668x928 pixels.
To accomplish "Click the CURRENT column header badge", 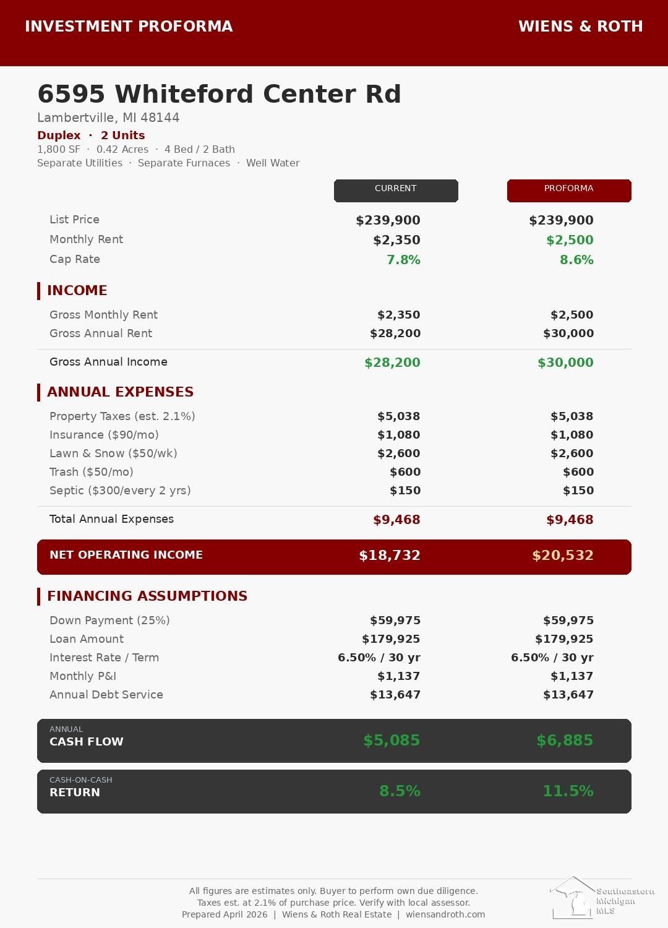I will coord(396,190).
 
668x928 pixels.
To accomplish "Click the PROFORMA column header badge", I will coord(569,190).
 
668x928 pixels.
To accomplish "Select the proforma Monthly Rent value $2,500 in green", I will coord(570,240).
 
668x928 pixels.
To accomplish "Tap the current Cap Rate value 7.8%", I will coord(403,260).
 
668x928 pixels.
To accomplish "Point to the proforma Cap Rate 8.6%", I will coord(576,260).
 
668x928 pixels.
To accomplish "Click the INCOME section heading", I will coord(77,290).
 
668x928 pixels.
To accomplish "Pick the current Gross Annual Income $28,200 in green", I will coord(392,363).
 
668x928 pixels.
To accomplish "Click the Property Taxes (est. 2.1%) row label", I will coord(122,416).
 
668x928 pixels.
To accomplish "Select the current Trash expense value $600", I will coord(405,472).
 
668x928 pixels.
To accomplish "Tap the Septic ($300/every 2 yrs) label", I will coord(120,491).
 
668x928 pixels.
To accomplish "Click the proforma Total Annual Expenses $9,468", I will coord(570,520).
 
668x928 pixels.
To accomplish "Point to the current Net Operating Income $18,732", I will coord(390,556).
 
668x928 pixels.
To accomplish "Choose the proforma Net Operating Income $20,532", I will coord(563,556).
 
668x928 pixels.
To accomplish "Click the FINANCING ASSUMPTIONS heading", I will coord(147,596).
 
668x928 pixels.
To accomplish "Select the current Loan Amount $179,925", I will coord(391,639).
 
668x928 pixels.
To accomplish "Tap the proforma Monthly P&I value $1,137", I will coord(572,676).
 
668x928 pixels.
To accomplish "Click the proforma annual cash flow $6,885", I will coord(565,741).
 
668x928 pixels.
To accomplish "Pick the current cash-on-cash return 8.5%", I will coord(400,791).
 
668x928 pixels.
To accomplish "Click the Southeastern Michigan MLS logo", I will coord(601,898).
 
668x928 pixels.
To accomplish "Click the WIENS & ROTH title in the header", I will coord(580,27).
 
